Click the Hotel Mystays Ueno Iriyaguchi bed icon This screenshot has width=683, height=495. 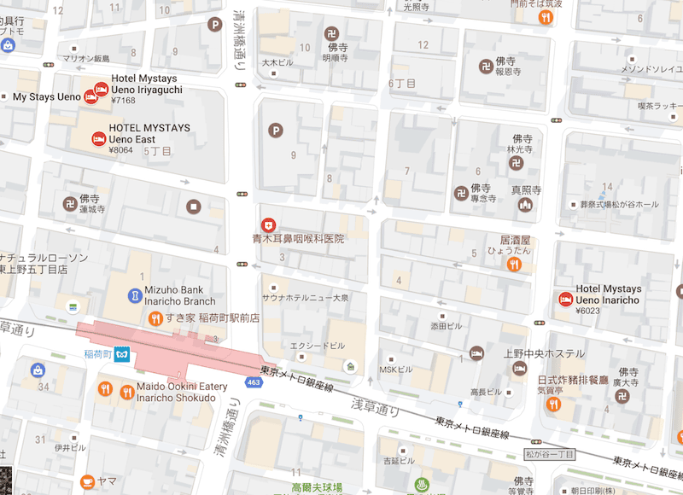click(101, 87)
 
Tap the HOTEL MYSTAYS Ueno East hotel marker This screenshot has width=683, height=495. click(98, 138)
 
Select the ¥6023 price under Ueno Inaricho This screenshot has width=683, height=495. click(588, 312)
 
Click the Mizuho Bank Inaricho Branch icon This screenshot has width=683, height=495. click(134, 295)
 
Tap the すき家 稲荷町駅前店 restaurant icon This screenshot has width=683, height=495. click(155, 319)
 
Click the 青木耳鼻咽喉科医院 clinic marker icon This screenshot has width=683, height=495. click(268, 224)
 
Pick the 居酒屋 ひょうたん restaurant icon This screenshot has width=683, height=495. click(514, 265)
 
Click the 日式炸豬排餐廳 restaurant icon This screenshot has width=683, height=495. click(552, 403)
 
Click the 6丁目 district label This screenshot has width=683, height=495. click(402, 84)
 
